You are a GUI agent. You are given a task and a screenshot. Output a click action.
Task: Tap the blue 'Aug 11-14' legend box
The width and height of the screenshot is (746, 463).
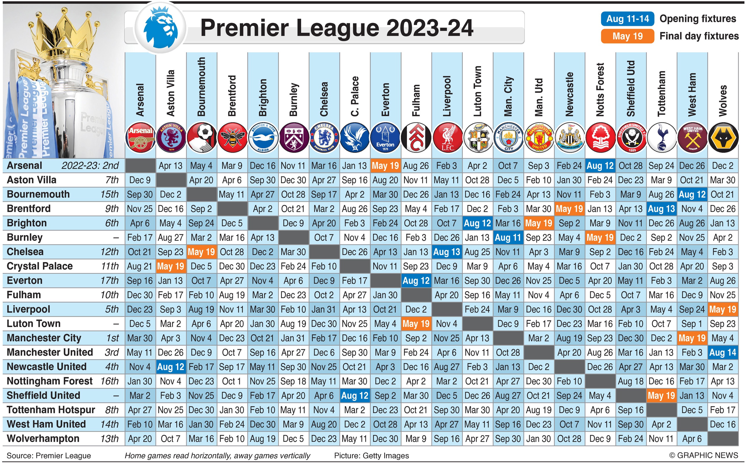point(627,19)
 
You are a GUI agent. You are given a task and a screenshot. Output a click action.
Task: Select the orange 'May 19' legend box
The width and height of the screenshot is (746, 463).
point(627,36)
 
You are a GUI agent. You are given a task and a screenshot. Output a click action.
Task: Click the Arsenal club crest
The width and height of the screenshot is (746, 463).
point(140,137)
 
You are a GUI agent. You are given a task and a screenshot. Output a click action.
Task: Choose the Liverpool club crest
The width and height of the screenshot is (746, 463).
point(447,137)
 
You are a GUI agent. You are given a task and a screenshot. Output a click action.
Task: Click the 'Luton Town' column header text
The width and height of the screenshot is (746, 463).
point(478,91)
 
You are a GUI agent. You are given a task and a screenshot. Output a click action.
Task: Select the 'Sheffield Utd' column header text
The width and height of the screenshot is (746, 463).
point(631,89)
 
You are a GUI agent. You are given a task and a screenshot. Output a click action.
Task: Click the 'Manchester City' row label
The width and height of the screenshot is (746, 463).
point(44,338)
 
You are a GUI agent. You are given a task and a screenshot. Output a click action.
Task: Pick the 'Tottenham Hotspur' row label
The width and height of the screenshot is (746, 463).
point(51,410)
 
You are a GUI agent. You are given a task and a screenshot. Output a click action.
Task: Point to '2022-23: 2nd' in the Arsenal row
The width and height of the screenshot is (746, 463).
point(90,166)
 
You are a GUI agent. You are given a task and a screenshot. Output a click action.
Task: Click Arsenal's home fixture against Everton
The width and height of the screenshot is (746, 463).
point(385,166)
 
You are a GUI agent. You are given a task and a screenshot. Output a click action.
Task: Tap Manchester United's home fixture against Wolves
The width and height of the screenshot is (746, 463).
point(723,352)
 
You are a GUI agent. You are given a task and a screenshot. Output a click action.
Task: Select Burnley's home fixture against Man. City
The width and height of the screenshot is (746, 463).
point(508,238)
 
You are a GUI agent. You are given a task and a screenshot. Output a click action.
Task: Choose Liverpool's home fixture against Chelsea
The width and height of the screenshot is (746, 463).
point(324,309)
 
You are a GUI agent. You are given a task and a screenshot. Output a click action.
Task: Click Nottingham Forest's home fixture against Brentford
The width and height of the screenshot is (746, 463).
point(232,381)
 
